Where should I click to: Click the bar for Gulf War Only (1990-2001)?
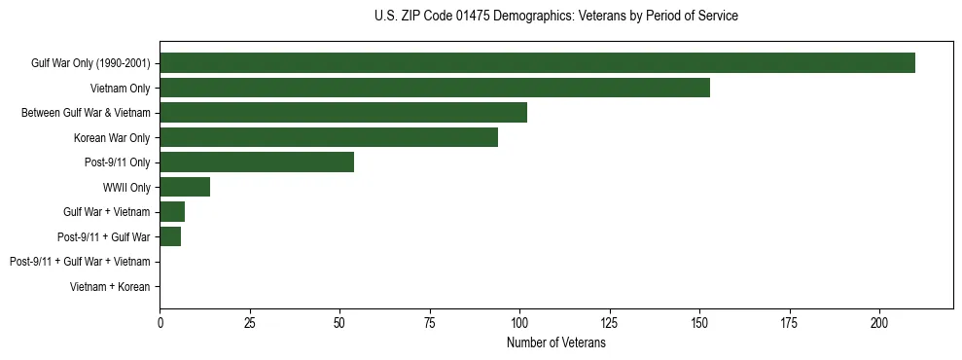tap(537, 63)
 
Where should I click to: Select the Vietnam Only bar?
tap(435, 88)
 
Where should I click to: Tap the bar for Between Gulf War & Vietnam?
tap(343, 113)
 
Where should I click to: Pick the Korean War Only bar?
tap(329, 137)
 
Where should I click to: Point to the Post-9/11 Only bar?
tap(257, 162)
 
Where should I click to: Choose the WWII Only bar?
tap(185, 187)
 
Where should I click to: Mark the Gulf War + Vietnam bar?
tap(172, 212)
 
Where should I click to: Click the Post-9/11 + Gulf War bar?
tap(170, 236)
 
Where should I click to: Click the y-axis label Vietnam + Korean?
tap(110, 287)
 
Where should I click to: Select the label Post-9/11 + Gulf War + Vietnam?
tap(80, 262)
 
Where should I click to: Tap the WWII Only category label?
tap(126, 188)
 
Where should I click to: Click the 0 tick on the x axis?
tap(160, 322)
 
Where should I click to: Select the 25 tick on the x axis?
tap(250, 322)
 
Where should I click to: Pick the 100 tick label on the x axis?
tap(519, 322)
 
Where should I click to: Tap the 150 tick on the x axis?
tap(699, 322)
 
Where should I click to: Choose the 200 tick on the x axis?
tap(879, 322)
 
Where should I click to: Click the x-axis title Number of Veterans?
tap(556, 342)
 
